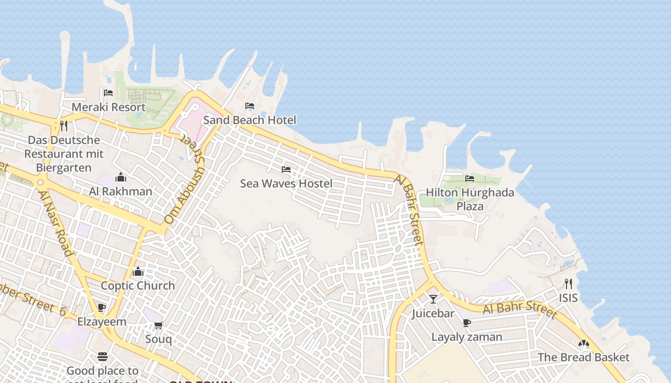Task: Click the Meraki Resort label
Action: click(x=108, y=107)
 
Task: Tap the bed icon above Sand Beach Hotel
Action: click(x=250, y=106)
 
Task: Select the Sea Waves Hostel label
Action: click(x=286, y=183)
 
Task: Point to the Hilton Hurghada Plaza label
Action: click(x=470, y=199)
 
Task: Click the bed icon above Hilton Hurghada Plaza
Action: click(x=470, y=179)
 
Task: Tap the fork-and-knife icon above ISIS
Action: click(x=568, y=284)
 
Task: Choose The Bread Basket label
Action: click(x=583, y=357)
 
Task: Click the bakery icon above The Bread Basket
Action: click(x=583, y=343)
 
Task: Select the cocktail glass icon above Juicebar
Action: click(x=433, y=299)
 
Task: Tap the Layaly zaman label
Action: click(x=467, y=337)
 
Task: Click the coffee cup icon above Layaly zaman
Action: click(x=467, y=323)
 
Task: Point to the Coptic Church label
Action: click(x=138, y=285)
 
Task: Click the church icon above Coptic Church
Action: click(x=138, y=272)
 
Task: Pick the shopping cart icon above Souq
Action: click(x=159, y=326)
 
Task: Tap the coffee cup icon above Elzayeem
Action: click(x=102, y=307)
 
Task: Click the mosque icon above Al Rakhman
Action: click(x=121, y=178)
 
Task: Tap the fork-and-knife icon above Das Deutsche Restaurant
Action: click(x=64, y=126)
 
